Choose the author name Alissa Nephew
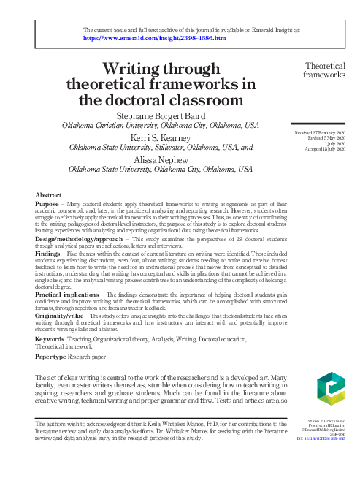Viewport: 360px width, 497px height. [161, 159]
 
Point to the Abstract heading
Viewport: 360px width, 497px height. [49, 195]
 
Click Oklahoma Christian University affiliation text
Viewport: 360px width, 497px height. [108, 125]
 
